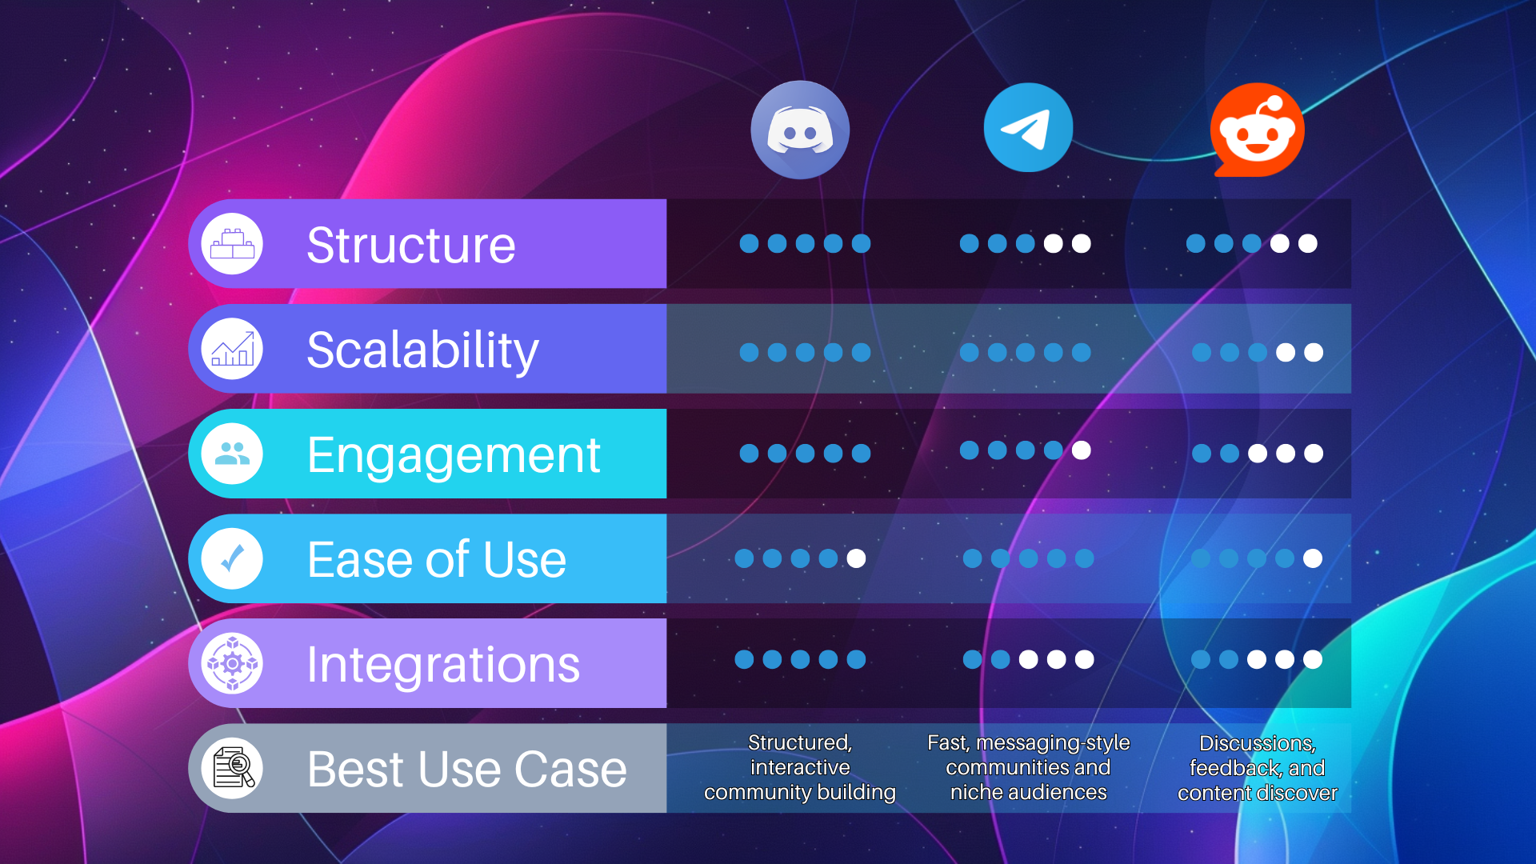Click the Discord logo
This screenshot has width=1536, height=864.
[x=800, y=130]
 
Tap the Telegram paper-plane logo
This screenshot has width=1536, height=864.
[x=1028, y=128]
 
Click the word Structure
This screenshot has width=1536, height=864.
[x=411, y=245]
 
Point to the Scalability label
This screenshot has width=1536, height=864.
[x=422, y=350]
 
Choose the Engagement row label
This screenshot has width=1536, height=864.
[x=454, y=455]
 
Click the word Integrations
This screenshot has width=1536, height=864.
[x=443, y=665]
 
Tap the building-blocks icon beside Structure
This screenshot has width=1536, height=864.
[x=232, y=244]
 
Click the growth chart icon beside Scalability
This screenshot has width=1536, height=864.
[x=232, y=350]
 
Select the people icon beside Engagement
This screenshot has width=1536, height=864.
[x=232, y=454]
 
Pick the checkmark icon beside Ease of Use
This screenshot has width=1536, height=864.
[x=232, y=559]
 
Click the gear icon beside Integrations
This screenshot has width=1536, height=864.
[x=232, y=664]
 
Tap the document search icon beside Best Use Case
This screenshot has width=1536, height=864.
[x=233, y=769]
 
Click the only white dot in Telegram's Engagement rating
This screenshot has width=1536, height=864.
[x=1081, y=450]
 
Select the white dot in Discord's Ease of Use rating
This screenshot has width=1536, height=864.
[x=856, y=558]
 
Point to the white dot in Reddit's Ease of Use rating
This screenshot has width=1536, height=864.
[x=1313, y=558]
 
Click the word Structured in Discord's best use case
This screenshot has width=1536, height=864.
[x=798, y=743]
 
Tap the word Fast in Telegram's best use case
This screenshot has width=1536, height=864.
[x=947, y=743]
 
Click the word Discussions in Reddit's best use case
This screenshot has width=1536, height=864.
[x=1256, y=744]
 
